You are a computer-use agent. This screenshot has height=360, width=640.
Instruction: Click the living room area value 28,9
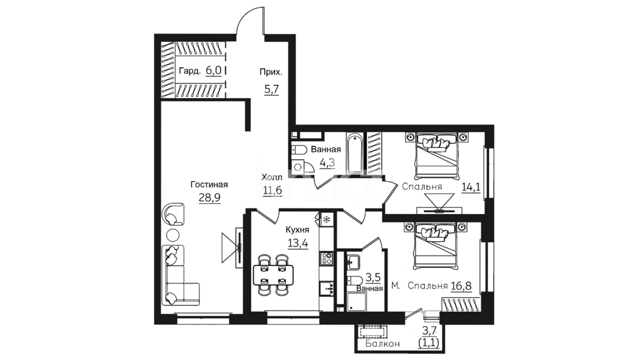(210, 198)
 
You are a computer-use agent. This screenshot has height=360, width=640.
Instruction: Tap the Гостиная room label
(209, 185)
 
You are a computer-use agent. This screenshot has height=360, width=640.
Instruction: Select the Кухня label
(297, 230)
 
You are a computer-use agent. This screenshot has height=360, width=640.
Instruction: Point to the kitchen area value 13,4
(298, 243)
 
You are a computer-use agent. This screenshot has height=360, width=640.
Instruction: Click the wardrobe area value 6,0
(213, 71)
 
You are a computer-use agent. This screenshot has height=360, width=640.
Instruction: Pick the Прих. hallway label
(271, 72)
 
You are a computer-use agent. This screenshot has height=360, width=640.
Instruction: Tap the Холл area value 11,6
(272, 190)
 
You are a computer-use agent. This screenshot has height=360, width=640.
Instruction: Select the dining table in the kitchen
(273, 275)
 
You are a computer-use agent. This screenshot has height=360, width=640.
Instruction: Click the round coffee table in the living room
(173, 235)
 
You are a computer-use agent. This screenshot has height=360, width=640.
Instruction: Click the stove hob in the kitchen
(326, 258)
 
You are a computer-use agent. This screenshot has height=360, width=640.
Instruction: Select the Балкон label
(382, 344)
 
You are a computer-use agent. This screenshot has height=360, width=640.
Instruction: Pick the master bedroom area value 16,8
(461, 286)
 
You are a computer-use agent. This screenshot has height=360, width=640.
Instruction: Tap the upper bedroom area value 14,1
(471, 187)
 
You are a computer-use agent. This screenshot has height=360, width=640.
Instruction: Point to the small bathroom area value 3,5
(373, 277)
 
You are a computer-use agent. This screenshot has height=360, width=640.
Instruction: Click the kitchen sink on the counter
(326, 289)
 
